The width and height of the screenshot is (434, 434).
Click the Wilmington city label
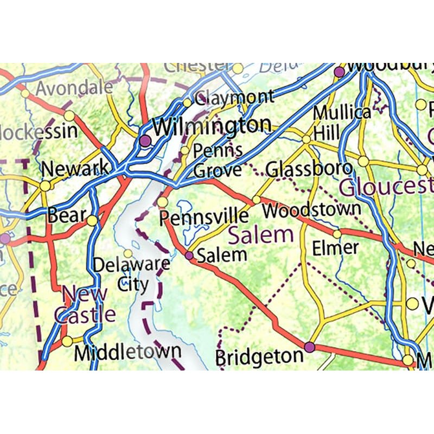[x=212, y=126]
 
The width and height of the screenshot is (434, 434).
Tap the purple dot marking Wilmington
[x=144, y=141]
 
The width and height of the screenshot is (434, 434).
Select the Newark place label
[x=75, y=169]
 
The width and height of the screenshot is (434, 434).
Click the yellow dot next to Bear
[x=92, y=220]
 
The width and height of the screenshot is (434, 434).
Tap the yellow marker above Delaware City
[x=127, y=253]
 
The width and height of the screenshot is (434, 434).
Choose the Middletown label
[x=127, y=352]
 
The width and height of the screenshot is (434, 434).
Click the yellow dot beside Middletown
[x=67, y=341]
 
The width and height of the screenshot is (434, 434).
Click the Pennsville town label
[x=204, y=217]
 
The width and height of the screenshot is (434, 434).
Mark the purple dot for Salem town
[x=189, y=255]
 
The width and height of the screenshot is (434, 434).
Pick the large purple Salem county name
[x=260, y=235]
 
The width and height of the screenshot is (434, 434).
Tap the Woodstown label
[x=311, y=209]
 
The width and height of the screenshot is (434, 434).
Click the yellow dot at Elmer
[x=337, y=234]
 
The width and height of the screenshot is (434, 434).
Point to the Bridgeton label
[x=259, y=357]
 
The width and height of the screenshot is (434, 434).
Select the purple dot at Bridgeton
[x=309, y=347]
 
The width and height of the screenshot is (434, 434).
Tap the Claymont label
[x=234, y=98]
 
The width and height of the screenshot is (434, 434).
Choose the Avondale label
[x=75, y=87]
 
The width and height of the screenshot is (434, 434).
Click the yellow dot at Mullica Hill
[x=307, y=139]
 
